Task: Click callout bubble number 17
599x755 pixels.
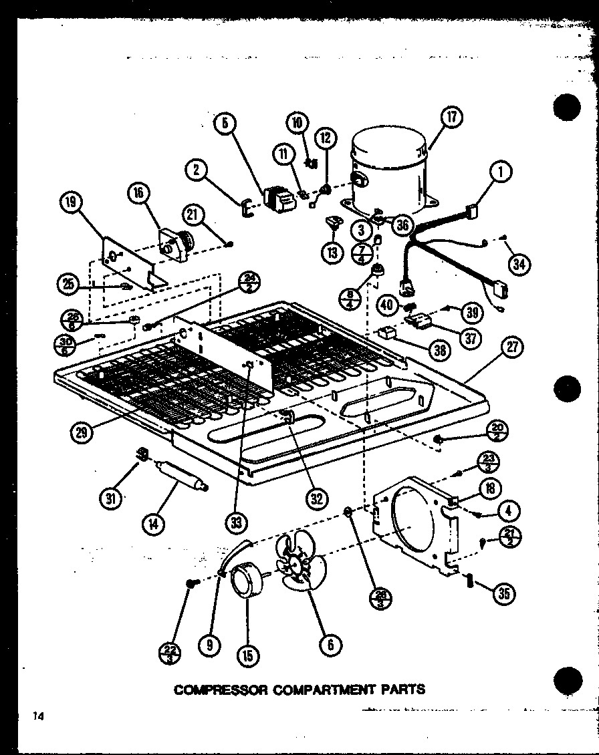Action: tap(452, 118)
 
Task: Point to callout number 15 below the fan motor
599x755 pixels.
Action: tap(248, 655)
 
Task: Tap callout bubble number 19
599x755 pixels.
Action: tap(73, 202)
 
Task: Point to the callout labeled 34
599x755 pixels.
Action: tap(519, 265)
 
